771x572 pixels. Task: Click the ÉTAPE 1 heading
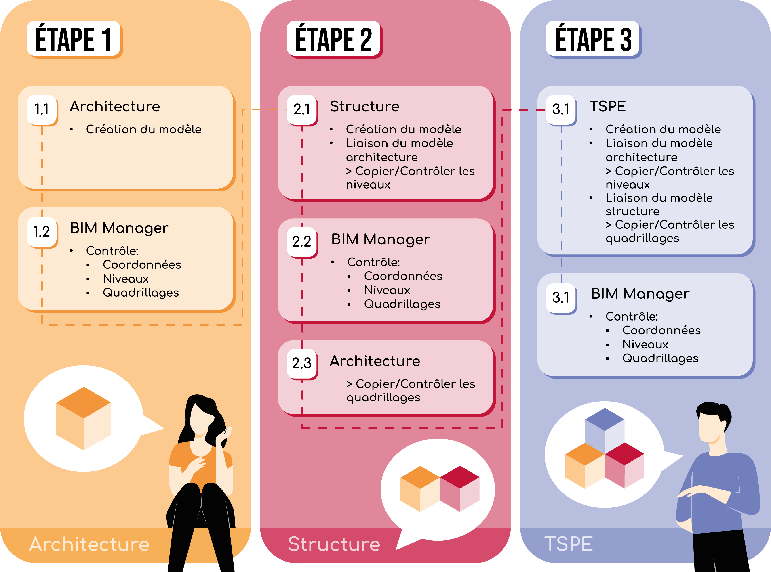click(x=74, y=39)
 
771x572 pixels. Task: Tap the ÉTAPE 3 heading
click(x=593, y=39)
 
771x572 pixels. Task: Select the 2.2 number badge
click(x=302, y=241)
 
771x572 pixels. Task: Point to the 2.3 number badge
click(x=302, y=363)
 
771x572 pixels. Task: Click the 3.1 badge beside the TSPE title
click(x=561, y=109)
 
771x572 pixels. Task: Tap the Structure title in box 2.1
click(x=364, y=107)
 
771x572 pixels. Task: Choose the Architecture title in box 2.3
click(x=375, y=361)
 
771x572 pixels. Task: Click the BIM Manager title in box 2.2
click(x=380, y=239)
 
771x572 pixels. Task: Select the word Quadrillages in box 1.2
click(x=141, y=293)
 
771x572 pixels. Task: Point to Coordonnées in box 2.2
click(x=403, y=276)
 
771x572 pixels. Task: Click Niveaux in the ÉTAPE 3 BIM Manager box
click(x=645, y=344)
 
